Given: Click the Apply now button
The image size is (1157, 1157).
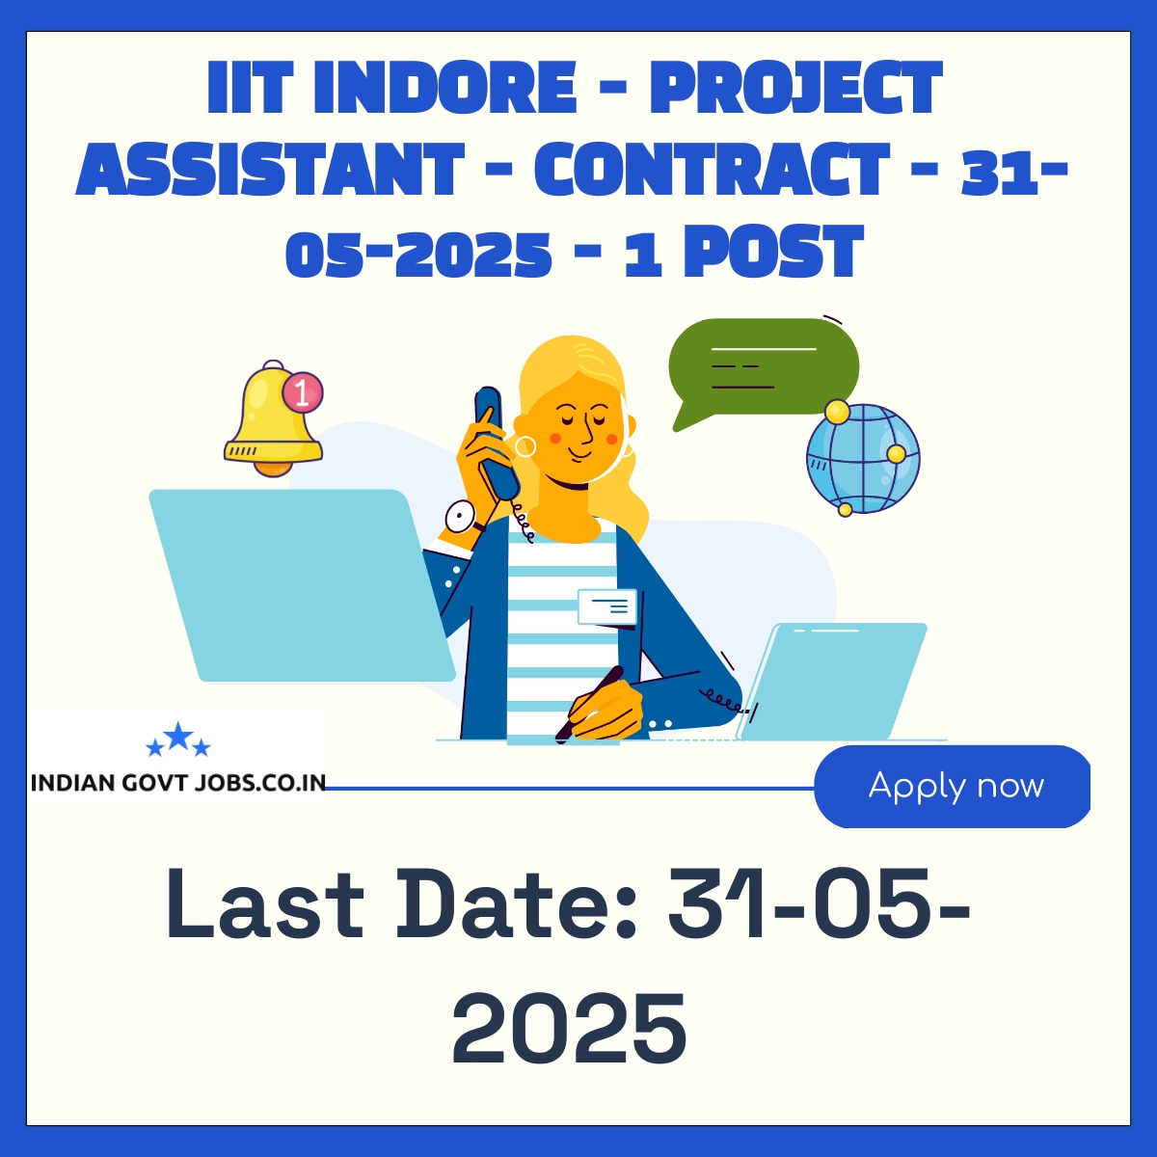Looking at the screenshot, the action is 952,786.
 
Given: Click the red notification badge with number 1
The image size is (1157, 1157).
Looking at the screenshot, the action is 303,393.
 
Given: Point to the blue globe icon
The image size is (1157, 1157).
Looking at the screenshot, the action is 863,458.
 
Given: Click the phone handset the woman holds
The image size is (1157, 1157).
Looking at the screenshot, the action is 496,444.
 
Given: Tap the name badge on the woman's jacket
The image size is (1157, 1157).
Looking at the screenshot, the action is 607,606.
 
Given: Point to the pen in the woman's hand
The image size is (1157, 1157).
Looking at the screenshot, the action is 589,703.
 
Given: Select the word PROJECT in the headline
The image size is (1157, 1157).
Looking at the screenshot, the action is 796,88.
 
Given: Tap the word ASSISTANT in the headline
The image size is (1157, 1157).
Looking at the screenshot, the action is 270,170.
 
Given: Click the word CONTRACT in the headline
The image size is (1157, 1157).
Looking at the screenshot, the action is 712,170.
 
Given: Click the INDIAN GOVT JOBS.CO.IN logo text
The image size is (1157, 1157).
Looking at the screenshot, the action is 178,783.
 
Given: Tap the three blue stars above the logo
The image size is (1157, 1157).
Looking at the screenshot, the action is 178,740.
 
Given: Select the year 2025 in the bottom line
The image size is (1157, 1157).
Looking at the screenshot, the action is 569,1029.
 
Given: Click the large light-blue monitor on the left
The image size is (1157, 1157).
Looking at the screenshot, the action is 302,585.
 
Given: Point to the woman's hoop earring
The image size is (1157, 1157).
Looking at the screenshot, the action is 525,446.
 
